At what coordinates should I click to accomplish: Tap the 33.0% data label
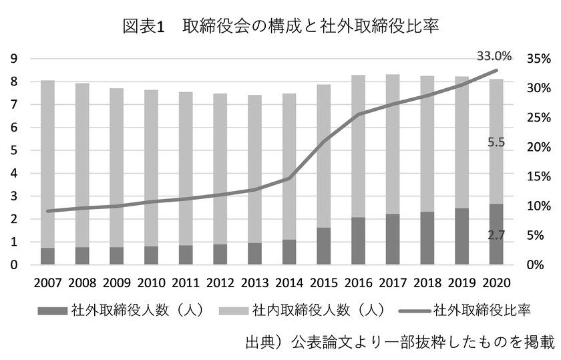tap(494, 55)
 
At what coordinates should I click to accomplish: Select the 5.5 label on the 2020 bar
tap(496, 142)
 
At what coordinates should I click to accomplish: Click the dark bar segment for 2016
tap(359, 241)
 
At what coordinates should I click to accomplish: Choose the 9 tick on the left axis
tap(13, 59)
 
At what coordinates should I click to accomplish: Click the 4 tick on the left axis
tap(13, 174)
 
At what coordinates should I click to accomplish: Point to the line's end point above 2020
tap(496, 70)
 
